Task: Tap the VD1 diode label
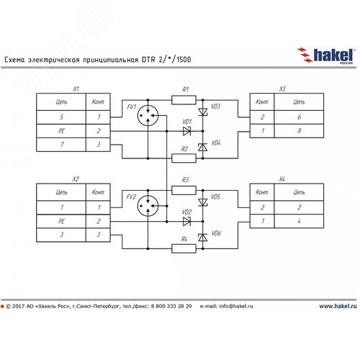pyautogui.click(x=186, y=122)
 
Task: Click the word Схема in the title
pyautogui.click(x=15, y=61)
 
